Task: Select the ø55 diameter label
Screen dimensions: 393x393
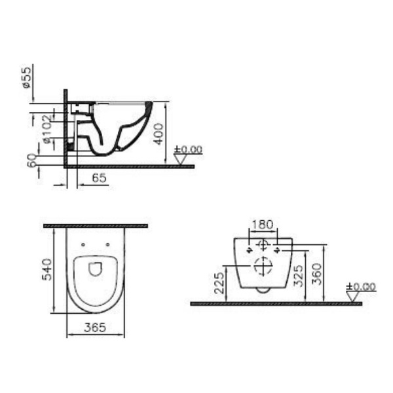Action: pyautogui.click(x=26, y=77)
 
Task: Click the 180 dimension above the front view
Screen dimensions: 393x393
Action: pyautogui.click(x=262, y=225)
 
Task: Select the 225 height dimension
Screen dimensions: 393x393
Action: pyautogui.click(x=219, y=283)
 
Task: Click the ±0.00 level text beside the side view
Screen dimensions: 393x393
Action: pyautogui.click(x=189, y=150)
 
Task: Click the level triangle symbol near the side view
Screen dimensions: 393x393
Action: pyautogui.click(x=181, y=159)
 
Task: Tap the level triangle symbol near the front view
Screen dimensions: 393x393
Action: pyautogui.click(x=354, y=296)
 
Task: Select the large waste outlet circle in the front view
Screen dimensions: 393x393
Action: pyautogui.click(x=262, y=267)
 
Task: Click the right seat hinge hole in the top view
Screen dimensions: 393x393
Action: pyautogui.click(x=106, y=246)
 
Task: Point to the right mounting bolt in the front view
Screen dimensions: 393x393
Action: pyautogui.click(x=278, y=250)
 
